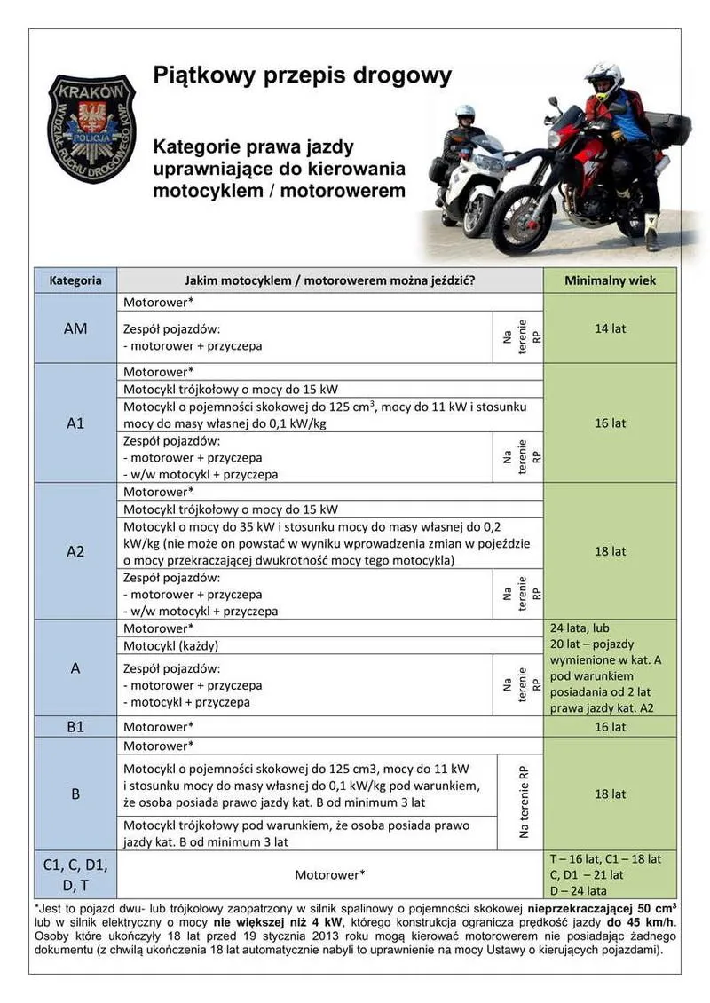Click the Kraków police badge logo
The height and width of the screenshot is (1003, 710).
91,129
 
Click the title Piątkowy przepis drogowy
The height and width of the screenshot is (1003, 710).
303,75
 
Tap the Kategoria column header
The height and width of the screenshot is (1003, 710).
75,280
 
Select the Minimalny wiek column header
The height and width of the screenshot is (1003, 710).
610,280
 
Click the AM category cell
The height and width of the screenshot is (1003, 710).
75,328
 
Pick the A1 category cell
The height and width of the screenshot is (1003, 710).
75,423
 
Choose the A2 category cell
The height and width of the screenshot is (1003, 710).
75,551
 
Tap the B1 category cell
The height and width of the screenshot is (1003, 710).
75,727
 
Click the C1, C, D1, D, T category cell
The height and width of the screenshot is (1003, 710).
75,874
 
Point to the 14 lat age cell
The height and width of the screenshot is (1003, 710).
610,328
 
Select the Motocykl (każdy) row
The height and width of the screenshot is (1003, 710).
330,645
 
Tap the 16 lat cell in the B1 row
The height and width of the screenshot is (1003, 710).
610,727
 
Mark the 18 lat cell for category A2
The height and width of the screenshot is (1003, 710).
610,551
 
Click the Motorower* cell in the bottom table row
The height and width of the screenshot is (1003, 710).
330,874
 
